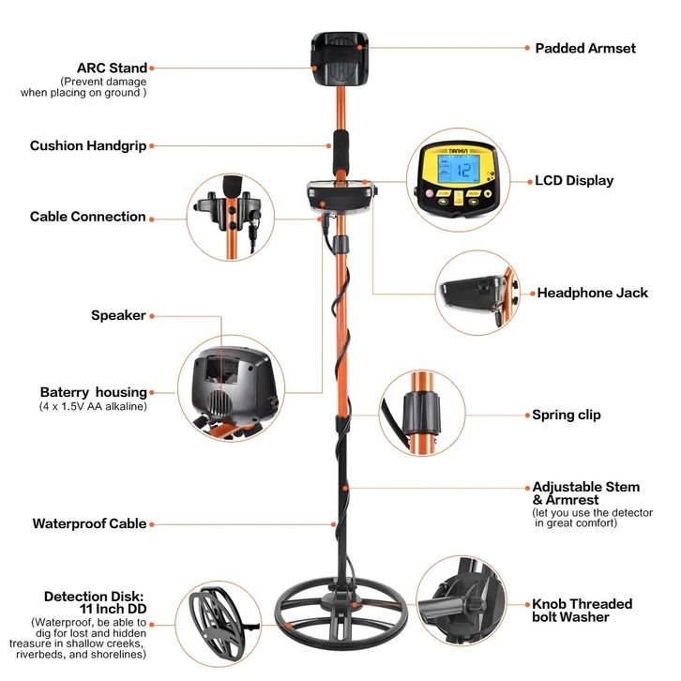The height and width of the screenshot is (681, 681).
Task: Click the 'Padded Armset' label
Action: coord(585,48)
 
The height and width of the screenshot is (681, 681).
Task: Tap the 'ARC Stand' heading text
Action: coord(112,68)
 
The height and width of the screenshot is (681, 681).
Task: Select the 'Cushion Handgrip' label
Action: coord(88,146)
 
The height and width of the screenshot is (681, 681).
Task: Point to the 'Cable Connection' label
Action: coord(88,217)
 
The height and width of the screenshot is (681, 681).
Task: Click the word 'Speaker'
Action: coord(118,315)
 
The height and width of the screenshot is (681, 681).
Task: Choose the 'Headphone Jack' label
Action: coord(593,293)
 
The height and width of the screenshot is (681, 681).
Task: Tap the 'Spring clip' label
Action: coord(567,415)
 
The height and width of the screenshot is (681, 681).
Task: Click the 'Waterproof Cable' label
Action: coord(89,523)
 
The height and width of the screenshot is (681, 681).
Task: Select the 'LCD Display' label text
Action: coord(574,181)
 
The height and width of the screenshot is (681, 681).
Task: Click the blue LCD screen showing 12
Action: coord(459,170)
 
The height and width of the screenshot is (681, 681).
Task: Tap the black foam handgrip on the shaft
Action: coord(340,151)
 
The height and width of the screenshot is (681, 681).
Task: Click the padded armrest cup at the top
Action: coord(340,59)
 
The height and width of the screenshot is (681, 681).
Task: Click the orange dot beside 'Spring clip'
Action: coord(528,416)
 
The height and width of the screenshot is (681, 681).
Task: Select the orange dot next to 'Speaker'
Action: coord(152,316)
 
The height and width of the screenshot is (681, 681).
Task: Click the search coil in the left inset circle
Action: coord(218,624)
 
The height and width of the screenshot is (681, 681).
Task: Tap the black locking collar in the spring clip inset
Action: coord(422,413)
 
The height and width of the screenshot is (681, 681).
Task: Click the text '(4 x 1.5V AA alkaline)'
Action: coord(93,406)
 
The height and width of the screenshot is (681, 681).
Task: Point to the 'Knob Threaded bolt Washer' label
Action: coord(582,611)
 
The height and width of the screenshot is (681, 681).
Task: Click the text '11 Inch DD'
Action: coord(113,609)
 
